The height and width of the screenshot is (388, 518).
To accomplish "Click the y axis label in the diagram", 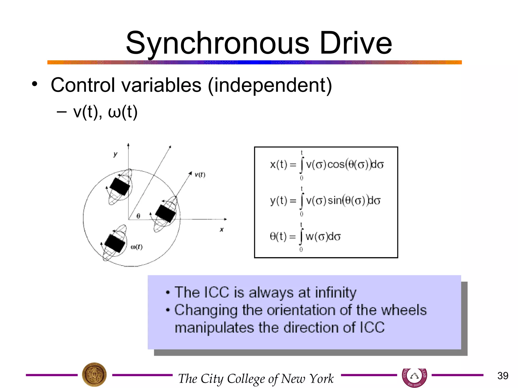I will tap(115, 154).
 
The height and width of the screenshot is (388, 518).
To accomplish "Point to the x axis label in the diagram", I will tap(222, 230).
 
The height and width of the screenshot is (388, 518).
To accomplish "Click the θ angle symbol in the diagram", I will tap(138, 216).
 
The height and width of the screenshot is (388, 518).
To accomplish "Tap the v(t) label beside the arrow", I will tap(200, 175).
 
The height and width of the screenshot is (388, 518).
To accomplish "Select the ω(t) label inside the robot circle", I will tap(137, 247).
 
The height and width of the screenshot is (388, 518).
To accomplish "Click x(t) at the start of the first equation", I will tap(278, 165).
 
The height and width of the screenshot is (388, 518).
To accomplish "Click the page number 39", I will tap(503, 376).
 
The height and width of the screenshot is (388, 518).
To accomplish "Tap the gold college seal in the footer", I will tap(94, 375).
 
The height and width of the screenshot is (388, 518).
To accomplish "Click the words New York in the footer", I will tap(307, 378).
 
